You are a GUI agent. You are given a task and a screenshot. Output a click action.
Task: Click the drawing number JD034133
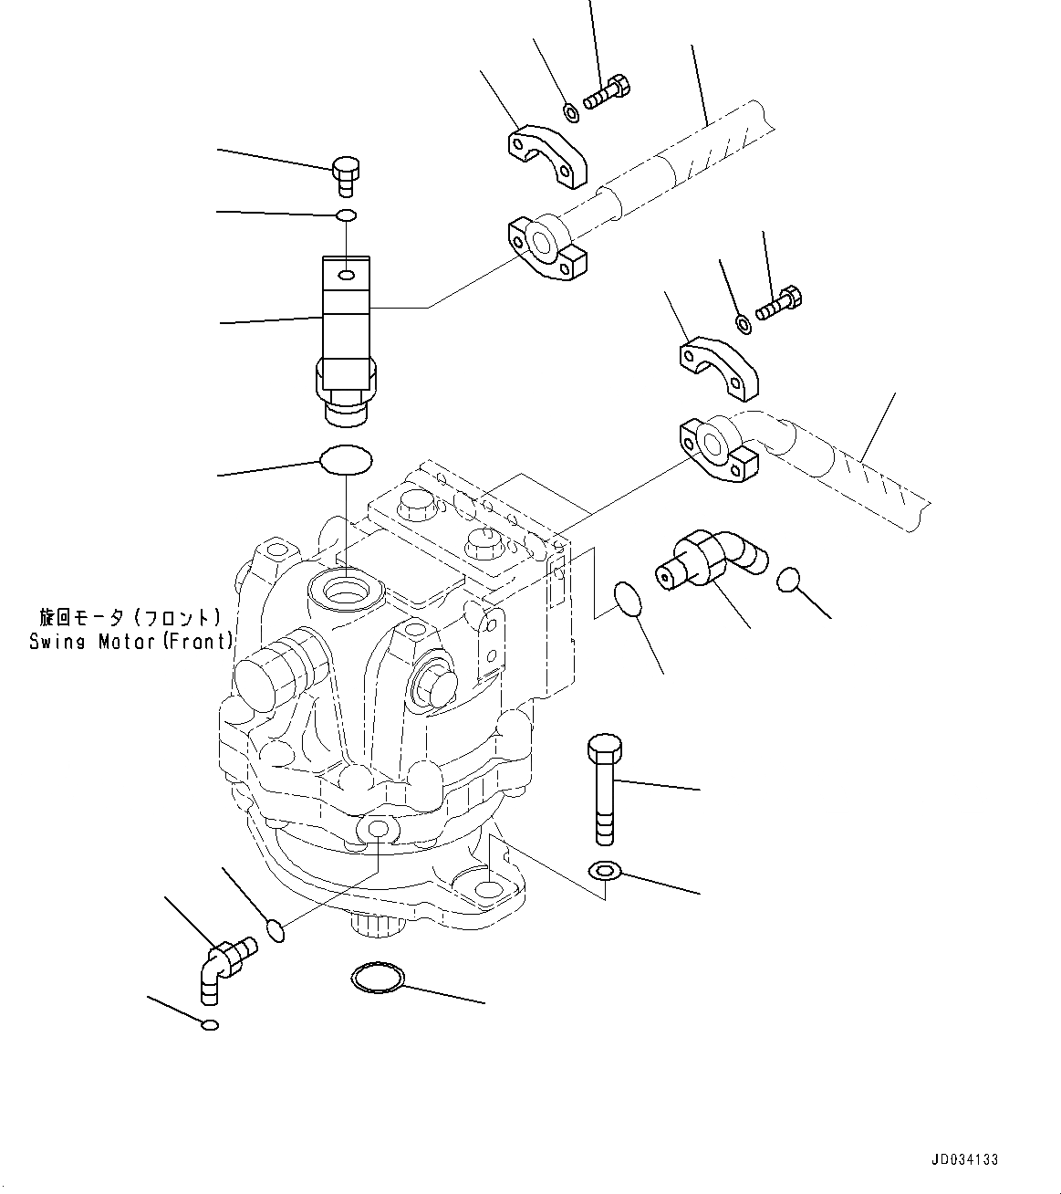pos(965,1159)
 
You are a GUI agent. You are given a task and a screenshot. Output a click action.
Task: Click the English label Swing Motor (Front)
pos(130,642)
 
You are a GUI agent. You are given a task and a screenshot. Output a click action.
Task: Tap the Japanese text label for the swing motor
pos(130,616)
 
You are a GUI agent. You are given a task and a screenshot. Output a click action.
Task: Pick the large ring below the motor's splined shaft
pos(377,979)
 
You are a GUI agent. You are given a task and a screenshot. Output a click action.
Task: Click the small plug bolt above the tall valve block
pos(346,174)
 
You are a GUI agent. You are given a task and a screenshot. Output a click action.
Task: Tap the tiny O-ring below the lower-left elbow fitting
pos(210,1024)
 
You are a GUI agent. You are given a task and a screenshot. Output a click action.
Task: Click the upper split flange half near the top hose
pos(546,158)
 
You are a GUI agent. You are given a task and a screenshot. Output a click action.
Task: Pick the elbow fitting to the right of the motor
pos(711,559)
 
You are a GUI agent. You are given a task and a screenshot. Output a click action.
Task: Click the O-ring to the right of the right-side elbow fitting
pos(790,580)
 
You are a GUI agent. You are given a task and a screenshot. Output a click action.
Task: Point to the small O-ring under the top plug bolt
pos(346,215)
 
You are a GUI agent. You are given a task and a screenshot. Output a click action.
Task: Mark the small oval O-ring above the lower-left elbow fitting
pos(276,931)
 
